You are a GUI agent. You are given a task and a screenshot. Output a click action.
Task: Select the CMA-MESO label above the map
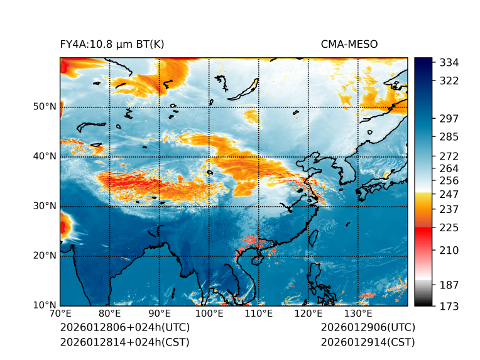pyautogui.click(x=349, y=45)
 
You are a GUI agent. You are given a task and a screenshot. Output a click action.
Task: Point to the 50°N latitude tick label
pyautogui.click(x=45, y=107)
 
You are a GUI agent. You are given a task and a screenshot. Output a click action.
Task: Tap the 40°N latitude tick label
pyautogui.click(x=45, y=156)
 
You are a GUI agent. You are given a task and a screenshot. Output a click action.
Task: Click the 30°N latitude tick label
pyautogui.click(x=45, y=206)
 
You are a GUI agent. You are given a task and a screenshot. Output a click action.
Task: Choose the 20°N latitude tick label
pyautogui.click(x=45, y=256)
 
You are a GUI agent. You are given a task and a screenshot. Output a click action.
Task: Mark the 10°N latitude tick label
pyautogui.click(x=45, y=305)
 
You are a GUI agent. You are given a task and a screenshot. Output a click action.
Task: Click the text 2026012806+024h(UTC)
pyautogui.click(x=124, y=328)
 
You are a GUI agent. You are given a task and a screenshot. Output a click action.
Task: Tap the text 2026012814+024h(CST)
pyautogui.click(x=124, y=342)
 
